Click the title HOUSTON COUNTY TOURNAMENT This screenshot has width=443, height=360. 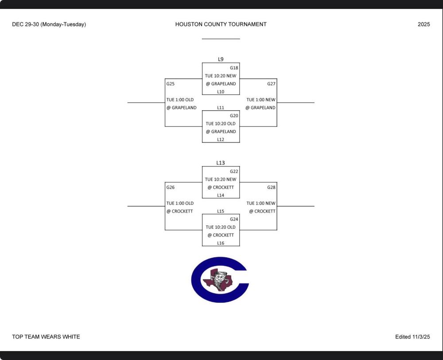[221, 24]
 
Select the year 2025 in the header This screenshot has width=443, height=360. [424, 24]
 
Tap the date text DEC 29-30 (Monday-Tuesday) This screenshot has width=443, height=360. [49, 24]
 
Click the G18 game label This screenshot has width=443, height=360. [234, 68]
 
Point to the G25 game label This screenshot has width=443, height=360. [171, 84]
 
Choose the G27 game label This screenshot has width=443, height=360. [271, 84]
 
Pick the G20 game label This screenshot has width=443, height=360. [234, 116]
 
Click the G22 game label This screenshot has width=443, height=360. [234, 171]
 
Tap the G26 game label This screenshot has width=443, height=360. [171, 187]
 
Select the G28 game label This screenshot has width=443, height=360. [271, 187]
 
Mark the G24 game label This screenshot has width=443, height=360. [234, 219]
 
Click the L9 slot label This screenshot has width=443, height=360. [221, 59]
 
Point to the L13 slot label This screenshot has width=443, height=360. [221, 163]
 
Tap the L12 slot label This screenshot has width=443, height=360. [221, 139]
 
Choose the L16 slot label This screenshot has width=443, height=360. [221, 243]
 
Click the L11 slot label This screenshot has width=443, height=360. [221, 108]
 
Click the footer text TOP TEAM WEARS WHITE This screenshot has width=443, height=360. [46, 337]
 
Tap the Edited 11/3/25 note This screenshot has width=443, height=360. [412, 337]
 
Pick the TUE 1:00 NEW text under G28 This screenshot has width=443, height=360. [261, 203]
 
